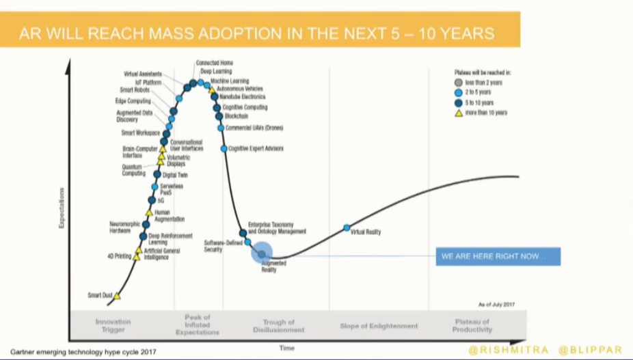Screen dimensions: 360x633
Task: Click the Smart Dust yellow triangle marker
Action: coord(117,296)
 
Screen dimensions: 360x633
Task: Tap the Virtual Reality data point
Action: coord(347,227)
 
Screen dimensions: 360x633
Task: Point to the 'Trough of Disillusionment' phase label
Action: coord(278,326)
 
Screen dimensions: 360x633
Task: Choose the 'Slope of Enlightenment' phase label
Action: coord(378,326)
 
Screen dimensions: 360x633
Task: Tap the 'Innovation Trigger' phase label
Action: coord(113,326)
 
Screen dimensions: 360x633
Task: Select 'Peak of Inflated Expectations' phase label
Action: coord(198,324)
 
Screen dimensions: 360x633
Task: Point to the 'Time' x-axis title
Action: coord(287,348)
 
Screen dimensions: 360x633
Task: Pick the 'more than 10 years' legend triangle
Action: coord(459,113)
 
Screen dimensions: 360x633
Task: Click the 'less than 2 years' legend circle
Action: coord(459,82)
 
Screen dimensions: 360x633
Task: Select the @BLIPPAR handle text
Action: coord(591,350)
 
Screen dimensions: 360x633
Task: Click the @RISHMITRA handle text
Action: coord(509,350)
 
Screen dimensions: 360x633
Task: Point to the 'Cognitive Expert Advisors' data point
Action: coord(224,148)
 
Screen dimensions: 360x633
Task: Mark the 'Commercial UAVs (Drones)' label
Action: coord(255,128)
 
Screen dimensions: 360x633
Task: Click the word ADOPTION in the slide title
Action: coord(215,33)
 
